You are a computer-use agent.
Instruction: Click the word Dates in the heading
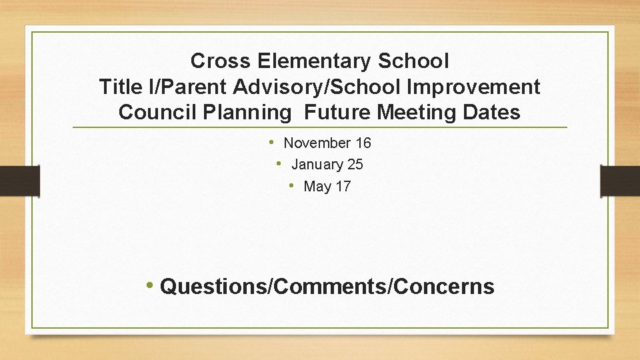click(492, 112)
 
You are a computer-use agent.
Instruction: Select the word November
click(317, 143)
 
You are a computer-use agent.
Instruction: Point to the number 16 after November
click(363, 143)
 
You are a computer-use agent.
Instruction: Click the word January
click(316, 165)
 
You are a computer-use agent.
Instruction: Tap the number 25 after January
click(355, 165)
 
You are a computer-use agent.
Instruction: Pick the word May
click(317, 187)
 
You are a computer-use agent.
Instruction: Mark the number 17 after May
click(343, 187)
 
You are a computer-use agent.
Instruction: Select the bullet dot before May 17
click(291, 185)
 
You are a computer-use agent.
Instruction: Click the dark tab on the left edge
click(19, 181)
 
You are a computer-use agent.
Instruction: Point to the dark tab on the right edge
click(621, 181)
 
